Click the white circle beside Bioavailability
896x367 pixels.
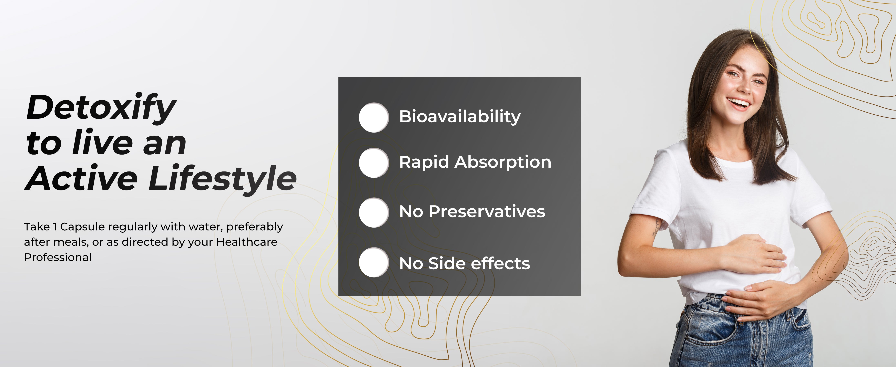(374, 117)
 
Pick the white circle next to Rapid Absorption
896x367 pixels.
(374, 163)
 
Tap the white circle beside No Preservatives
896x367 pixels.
(374, 212)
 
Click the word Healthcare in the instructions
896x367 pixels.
(247, 242)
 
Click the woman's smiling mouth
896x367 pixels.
(739, 103)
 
